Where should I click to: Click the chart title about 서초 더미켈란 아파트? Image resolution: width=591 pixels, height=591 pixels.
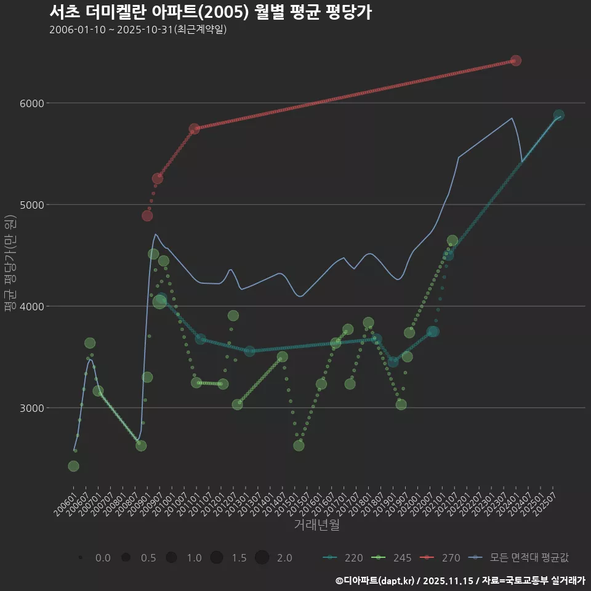point(210,12)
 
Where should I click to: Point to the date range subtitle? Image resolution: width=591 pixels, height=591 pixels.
point(138,30)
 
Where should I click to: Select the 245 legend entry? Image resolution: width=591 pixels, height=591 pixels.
point(392,558)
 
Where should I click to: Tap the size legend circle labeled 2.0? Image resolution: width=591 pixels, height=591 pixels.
point(262,558)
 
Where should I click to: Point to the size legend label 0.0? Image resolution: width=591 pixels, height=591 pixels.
point(103,558)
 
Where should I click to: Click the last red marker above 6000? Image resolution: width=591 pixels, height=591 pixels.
point(516,60)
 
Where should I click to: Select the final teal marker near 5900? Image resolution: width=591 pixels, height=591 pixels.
point(558,115)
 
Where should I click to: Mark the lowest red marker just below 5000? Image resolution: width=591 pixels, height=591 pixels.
point(147,215)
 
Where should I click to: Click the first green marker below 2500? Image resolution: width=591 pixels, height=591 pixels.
point(73,466)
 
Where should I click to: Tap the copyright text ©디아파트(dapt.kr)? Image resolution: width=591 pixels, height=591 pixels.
point(376,580)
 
